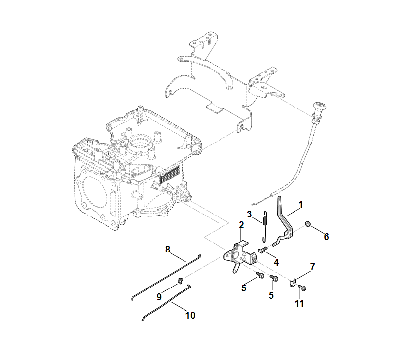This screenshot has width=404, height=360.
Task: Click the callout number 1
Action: coord(301,204)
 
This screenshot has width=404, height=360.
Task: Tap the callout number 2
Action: coord(241,225)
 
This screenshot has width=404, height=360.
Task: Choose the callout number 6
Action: coord(326,236)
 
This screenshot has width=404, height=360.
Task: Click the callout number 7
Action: coord(312,267)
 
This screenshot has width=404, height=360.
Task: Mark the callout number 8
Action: coord(167,249)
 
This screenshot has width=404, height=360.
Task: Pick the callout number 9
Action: coord(159,297)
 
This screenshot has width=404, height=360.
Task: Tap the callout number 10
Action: coord(190,315)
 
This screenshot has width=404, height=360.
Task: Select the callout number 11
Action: coord(299,303)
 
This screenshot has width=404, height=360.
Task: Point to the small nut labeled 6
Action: coord(308,225)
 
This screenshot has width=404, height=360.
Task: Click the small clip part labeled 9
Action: coord(181,281)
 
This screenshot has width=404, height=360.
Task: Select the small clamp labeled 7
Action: coord(293,282)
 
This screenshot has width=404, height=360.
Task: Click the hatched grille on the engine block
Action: coord(169,172)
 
